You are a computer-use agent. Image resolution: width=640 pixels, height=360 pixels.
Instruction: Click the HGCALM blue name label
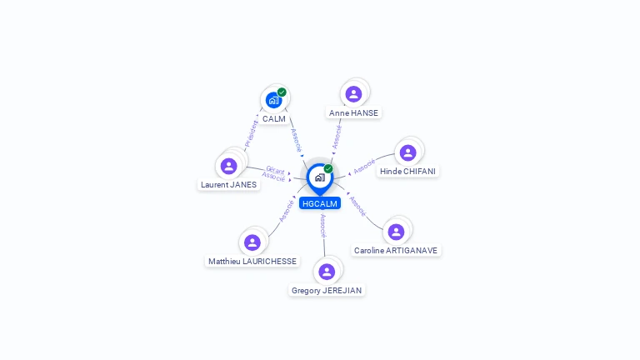point(320,203)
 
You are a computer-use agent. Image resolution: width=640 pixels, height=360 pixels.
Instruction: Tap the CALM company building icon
point(273,100)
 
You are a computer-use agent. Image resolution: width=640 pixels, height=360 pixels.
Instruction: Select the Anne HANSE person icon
point(353,94)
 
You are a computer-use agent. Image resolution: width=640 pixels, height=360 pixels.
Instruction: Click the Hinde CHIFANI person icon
point(407,152)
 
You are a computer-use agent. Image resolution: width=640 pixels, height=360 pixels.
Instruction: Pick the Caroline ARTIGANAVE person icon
point(396,232)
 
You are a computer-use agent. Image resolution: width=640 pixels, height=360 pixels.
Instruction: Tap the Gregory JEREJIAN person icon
point(327,272)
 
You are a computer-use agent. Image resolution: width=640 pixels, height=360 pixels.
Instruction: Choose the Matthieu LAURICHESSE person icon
point(252,242)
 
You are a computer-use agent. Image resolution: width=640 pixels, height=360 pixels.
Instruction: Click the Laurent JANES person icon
point(228,166)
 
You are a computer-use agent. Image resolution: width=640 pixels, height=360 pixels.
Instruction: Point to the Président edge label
point(251,133)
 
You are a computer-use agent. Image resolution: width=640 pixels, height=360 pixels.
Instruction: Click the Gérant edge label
point(275,170)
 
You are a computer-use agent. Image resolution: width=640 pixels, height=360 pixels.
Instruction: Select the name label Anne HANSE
point(353,112)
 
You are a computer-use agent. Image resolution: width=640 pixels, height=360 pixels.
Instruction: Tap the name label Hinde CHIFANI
point(407,172)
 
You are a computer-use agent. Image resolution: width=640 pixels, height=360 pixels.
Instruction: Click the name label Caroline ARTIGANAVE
point(396,250)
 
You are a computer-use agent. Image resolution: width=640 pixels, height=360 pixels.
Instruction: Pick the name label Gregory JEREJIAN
point(327,290)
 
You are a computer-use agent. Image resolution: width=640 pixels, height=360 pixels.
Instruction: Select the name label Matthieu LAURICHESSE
point(252,261)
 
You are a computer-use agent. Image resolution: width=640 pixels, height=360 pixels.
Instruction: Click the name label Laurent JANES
point(228,184)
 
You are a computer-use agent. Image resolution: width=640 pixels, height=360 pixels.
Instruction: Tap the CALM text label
point(274,119)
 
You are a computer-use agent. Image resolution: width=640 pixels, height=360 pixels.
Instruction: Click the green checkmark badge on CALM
point(282,92)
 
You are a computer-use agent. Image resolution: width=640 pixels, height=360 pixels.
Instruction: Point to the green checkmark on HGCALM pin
point(328,168)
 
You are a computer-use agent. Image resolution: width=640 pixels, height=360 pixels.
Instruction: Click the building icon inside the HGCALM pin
point(320,177)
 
